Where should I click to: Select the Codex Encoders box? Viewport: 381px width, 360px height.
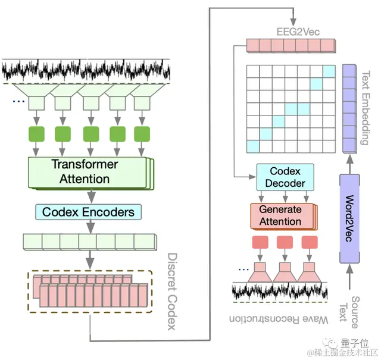click(88, 211)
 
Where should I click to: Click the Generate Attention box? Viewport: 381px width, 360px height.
click(280, 216)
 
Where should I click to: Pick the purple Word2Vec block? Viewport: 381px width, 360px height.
click(349, 217)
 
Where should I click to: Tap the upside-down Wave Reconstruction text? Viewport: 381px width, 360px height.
click(280, 319)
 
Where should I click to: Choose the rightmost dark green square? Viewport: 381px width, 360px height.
click(141, 133)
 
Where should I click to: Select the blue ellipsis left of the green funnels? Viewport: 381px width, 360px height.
click(18, 102)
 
